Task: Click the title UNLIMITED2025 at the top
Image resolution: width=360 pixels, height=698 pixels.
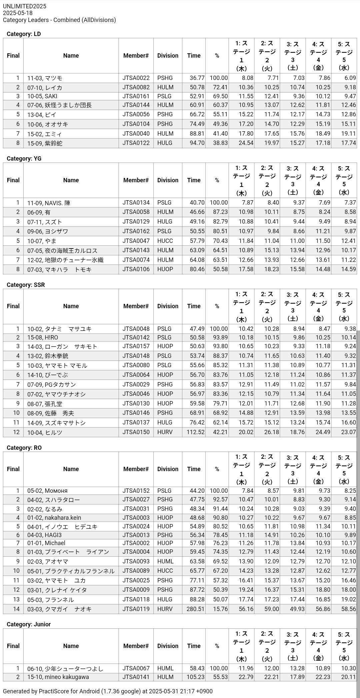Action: pyautogui.click(x=25, y=6)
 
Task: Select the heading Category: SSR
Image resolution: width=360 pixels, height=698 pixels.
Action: pyautogui.click(x=26, y=285)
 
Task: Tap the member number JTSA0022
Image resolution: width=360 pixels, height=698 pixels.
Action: pyautogui.click(x=136, y=78)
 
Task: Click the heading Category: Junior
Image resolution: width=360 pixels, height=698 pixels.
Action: pyautogui.click(x=29, y=624)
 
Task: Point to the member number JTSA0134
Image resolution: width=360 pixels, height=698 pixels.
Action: pyautogui.click(x=136, y=203)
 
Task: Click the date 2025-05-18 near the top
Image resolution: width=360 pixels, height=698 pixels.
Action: pyautogui.click(x=18, y=13)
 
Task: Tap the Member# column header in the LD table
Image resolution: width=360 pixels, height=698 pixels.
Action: pyautogui.click(x=136, y=56)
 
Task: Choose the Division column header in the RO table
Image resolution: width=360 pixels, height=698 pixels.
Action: pyautogui.click(x=168, y=469)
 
